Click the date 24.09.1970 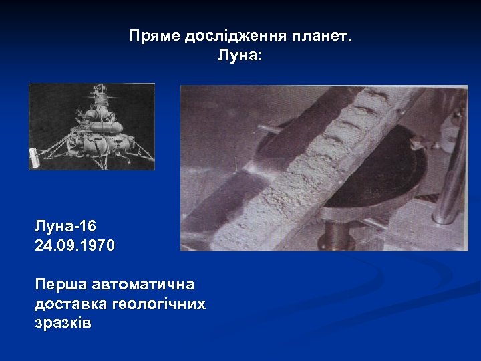coord(75,246)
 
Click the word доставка coord(67,304)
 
